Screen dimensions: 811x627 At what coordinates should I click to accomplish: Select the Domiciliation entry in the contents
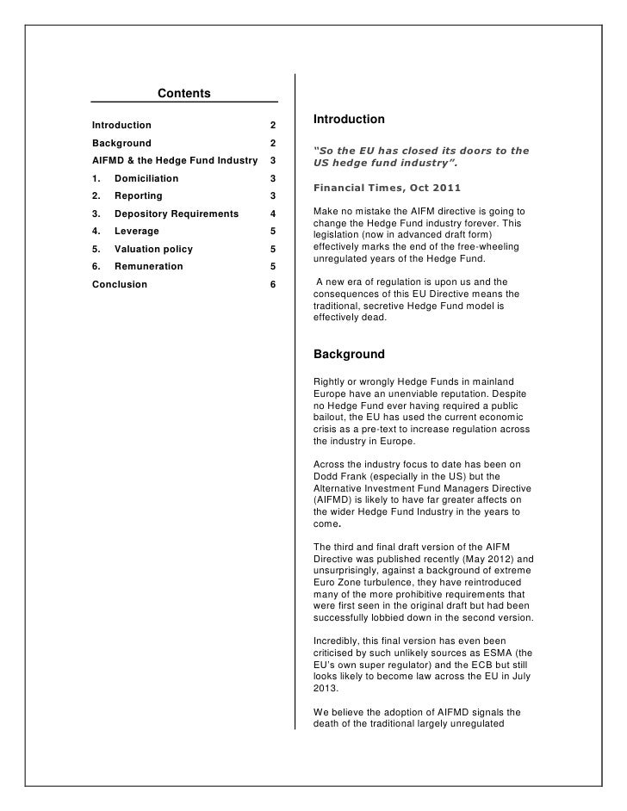click(x=146, y=178)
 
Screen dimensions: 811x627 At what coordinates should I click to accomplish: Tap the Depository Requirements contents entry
click(x=177, y=214)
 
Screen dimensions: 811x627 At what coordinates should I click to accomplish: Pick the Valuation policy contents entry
click(x=153, y=249)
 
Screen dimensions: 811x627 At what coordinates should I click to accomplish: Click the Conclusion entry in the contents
click(x=120, y=284)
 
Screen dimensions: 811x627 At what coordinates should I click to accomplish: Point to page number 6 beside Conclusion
click(x=272, y=284)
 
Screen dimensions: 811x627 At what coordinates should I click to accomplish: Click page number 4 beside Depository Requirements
click(x=272, y=214)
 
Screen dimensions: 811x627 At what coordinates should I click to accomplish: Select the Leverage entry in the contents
click(x=136, y=231)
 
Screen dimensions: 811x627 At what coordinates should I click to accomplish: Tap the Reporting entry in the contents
click(x=138, y=196)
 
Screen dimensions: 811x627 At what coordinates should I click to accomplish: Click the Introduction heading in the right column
click(x=349, y=119)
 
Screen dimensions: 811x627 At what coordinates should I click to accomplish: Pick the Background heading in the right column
click(x=349, y=354)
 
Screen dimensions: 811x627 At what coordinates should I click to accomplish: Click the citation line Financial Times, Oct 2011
click(x=387, y=187)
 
